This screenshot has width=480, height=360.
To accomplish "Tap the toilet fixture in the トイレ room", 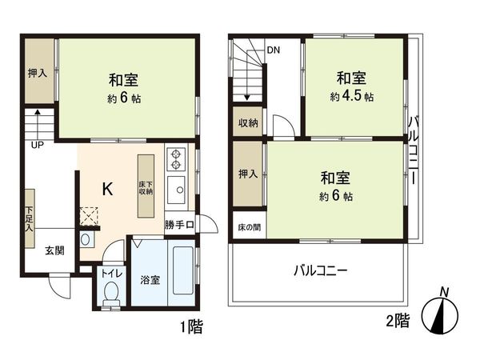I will [110, 294].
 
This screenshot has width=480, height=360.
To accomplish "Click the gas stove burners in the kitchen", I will [176, 160].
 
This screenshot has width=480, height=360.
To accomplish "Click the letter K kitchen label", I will [107, 188].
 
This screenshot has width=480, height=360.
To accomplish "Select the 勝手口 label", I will [179, 225].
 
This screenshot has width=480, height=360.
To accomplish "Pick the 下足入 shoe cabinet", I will [29, 211].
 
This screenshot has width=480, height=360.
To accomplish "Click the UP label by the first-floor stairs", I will [37, 146].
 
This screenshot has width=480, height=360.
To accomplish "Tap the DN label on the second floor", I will [274, 50].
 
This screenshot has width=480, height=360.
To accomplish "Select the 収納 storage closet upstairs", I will [248, 123].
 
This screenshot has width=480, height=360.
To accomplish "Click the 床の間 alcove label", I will [249, 228].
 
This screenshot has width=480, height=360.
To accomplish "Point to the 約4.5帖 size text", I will [351, 97].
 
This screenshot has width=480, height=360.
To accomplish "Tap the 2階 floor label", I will [397, 322].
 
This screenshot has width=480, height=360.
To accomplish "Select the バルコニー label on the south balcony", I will [319, 271].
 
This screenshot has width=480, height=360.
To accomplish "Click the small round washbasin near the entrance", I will [86, 239].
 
